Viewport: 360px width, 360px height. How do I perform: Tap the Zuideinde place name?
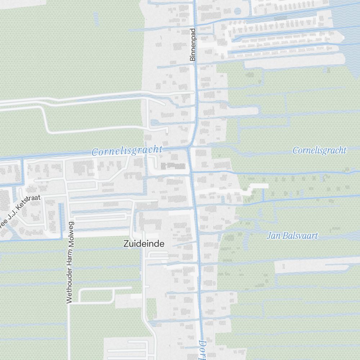click(x=144, y=244)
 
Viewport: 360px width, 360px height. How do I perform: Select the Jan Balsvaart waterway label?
click(x=292, y=236)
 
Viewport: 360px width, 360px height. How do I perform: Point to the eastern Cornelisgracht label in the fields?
click(x=319, y=150)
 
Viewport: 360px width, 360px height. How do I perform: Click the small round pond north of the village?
click(x=237, y=11)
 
